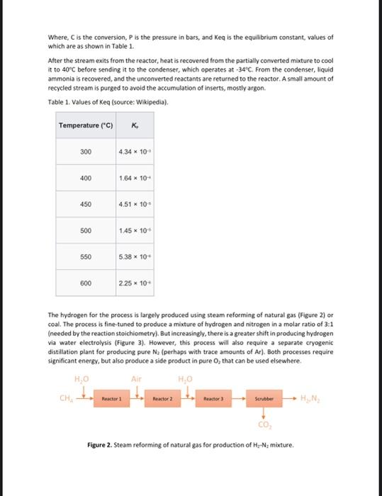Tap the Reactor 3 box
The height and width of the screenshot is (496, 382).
214,400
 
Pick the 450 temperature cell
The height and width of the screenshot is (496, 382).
86,204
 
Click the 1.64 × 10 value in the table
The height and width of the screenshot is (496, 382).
135,179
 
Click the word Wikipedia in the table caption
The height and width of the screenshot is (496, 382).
150,102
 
